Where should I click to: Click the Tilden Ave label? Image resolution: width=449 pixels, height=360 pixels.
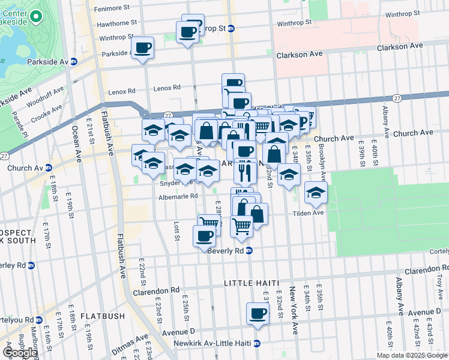(308, 213)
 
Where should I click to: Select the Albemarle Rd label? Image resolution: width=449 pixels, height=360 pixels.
(177, 196)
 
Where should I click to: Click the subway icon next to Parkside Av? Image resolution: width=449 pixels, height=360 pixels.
(74, 62)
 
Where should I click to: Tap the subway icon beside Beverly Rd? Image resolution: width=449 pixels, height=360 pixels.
(249, 251)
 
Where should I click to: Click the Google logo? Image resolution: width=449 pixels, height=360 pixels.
(20, 353)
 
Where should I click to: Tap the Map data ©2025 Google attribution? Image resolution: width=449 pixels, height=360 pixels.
(412, 355)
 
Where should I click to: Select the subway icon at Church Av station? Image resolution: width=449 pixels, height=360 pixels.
(48, 168)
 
